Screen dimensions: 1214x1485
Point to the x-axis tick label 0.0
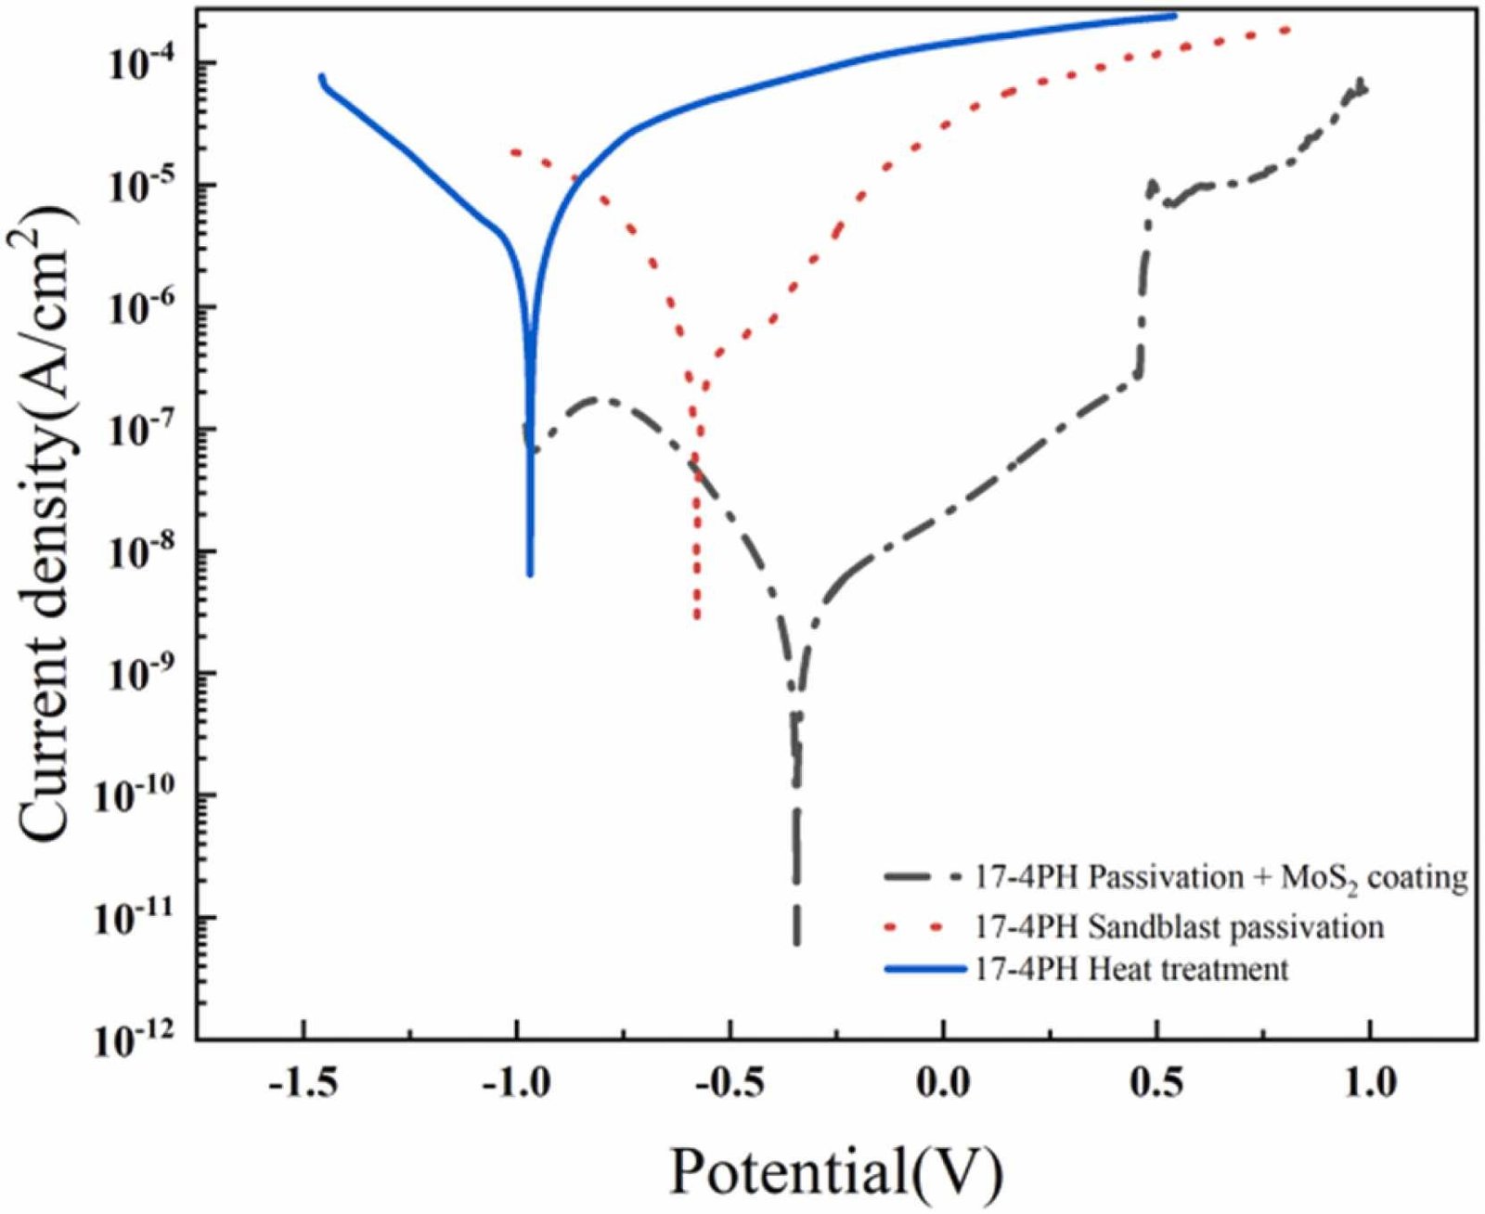pos(943,1084)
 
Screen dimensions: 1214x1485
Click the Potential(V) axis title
pos(836,1171)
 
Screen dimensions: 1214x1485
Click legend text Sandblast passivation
pos(1179,926)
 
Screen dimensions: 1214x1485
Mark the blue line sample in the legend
pos(923,969)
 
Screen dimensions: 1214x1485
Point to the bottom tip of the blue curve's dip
pos(530,575)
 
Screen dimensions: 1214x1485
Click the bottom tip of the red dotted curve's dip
pos(697,617)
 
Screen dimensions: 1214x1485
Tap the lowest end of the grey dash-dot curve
pos(796,943)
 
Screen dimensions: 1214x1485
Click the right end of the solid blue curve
pos(1176,16)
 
